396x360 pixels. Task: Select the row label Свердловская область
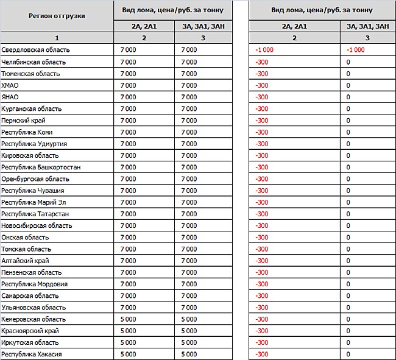[35, 50]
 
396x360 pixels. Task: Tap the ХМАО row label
[10, 85]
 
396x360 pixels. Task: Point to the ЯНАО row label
[10, 97]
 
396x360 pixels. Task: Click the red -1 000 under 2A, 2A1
[264, 50]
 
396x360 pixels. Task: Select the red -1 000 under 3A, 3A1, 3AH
[355, 50]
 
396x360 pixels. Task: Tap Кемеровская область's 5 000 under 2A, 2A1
[128, 319]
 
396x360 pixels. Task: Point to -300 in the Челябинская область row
[262, 62]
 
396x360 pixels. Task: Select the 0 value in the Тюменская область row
[348, 74]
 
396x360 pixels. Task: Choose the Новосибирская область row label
[37, 225]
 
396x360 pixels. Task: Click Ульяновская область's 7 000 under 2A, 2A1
[128, 308]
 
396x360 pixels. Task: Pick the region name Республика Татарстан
[35, 214]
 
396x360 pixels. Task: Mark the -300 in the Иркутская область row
[262, 342]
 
